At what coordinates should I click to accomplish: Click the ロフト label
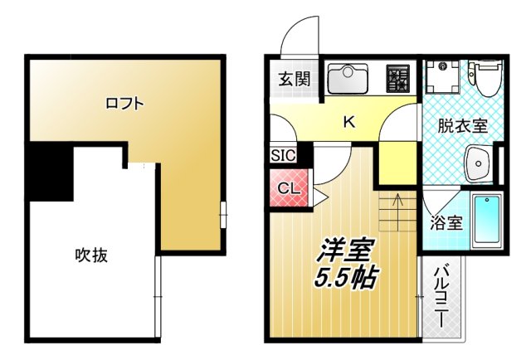pos(124,104)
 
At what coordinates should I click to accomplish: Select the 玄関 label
pos(293,80)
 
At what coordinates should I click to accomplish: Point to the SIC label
pos(281,155)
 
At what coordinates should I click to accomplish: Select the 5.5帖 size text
pos(344,278)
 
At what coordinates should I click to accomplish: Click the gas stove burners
pos(397,80)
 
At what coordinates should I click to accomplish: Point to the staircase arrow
pos(397,202)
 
